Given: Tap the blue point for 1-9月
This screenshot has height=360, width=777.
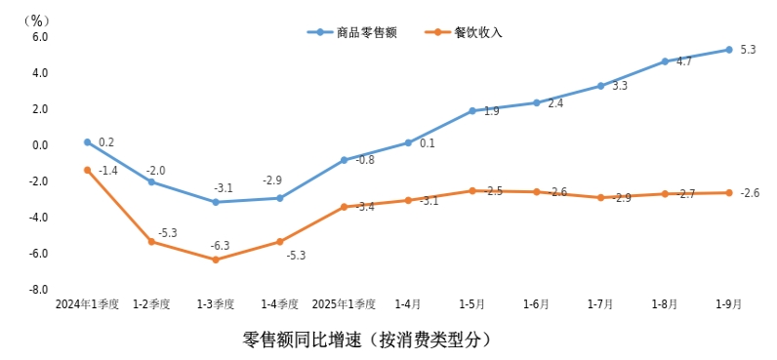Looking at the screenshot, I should click(x=728, y=50).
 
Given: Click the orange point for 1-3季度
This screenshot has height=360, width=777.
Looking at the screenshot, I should click(x=215, y=260).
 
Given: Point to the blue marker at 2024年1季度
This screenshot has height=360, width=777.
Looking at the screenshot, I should click(x=87, y=142).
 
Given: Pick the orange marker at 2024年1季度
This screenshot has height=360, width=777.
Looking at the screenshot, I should click(x=87, y=170).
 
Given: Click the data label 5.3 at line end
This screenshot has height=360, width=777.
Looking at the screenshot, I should click(x=749, y=50).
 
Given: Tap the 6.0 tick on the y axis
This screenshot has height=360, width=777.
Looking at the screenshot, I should click(x=40, y=37).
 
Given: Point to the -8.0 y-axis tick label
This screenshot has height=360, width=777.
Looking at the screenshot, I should click(x=38, y=290).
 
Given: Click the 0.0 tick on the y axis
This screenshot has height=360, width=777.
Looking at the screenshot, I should click(x=40, y=145).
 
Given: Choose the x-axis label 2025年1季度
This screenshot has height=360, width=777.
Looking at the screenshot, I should click(x=344, y=304).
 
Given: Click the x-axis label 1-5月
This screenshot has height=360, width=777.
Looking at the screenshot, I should click(x=471, y=304).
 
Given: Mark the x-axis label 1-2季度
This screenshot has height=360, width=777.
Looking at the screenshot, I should click(x=151, y=304).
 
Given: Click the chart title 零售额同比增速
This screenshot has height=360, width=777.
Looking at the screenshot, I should click(x=366, y=340).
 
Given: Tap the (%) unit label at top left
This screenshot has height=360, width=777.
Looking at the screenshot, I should click(x=38, y=19).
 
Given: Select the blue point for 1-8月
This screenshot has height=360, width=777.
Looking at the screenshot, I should click(x=665, y=61).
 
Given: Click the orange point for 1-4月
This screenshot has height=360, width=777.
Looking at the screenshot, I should click(x=408, y=200).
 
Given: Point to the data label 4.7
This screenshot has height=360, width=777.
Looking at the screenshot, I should click(x=684, y=61).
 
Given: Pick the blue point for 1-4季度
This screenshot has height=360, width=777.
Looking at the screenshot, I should click(x=279, y=198).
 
